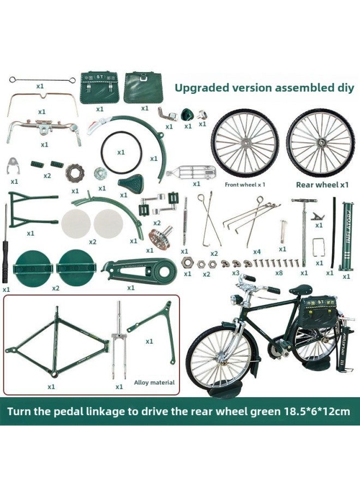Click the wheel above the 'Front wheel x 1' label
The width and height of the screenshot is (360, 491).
244,143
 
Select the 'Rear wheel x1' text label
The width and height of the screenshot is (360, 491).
322,184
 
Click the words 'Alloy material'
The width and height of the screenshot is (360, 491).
154,382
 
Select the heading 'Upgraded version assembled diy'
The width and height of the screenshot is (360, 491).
264,87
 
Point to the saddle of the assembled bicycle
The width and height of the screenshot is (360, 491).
300,289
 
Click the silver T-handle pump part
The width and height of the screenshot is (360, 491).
303,229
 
